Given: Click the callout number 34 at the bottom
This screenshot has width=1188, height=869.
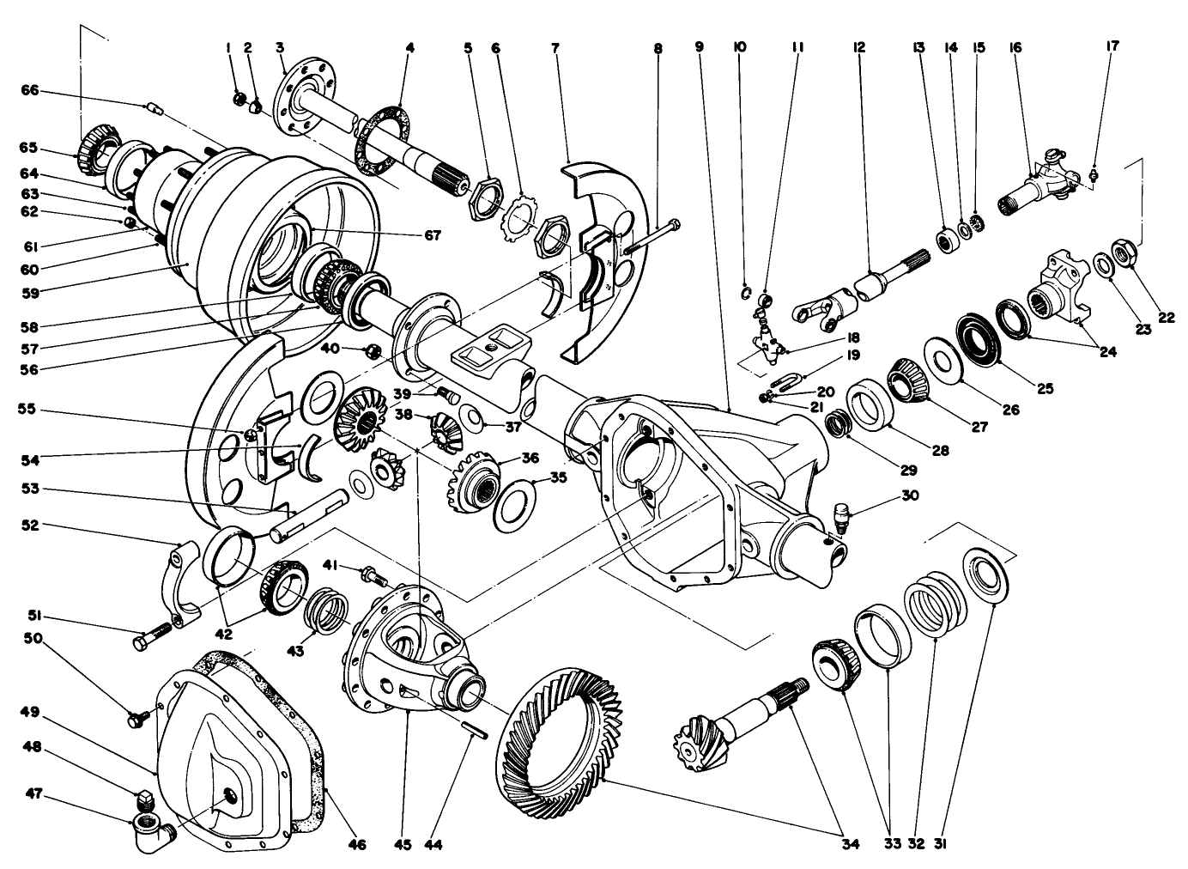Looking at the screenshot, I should (x=849, y=845).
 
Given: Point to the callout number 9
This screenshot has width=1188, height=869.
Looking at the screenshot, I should (x=699, y=48).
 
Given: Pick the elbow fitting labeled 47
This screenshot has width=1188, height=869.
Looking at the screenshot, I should (x=149, y=829).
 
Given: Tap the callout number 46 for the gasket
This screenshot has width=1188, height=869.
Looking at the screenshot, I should (x=356, y=845).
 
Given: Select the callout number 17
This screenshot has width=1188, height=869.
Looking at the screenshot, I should (x=1112, y=48).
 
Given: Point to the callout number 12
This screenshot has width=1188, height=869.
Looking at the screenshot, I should (x=858, y=48).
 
